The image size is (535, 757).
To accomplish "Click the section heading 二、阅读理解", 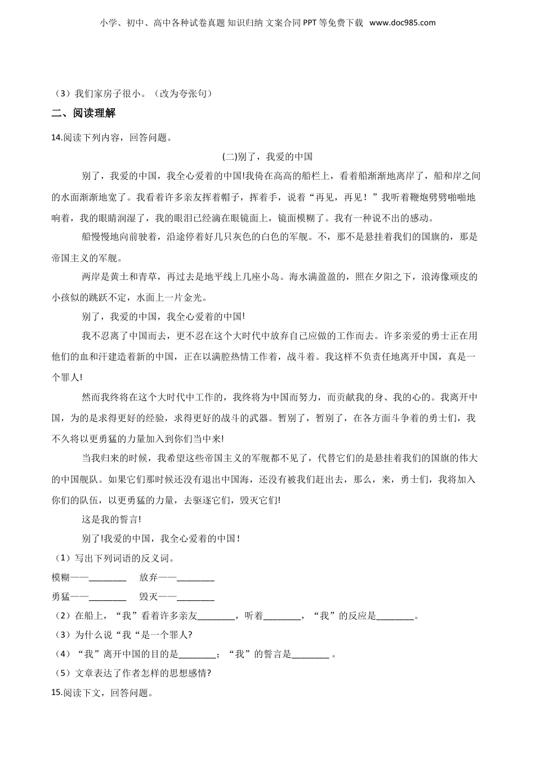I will tap(83, 113).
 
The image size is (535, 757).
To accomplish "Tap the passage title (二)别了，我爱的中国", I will tap(267, 157).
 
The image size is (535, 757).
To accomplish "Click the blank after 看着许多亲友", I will tap(217, 616).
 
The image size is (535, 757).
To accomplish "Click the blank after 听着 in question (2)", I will tap(282, 616).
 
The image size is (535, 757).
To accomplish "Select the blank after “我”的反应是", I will tap(395, 616).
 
